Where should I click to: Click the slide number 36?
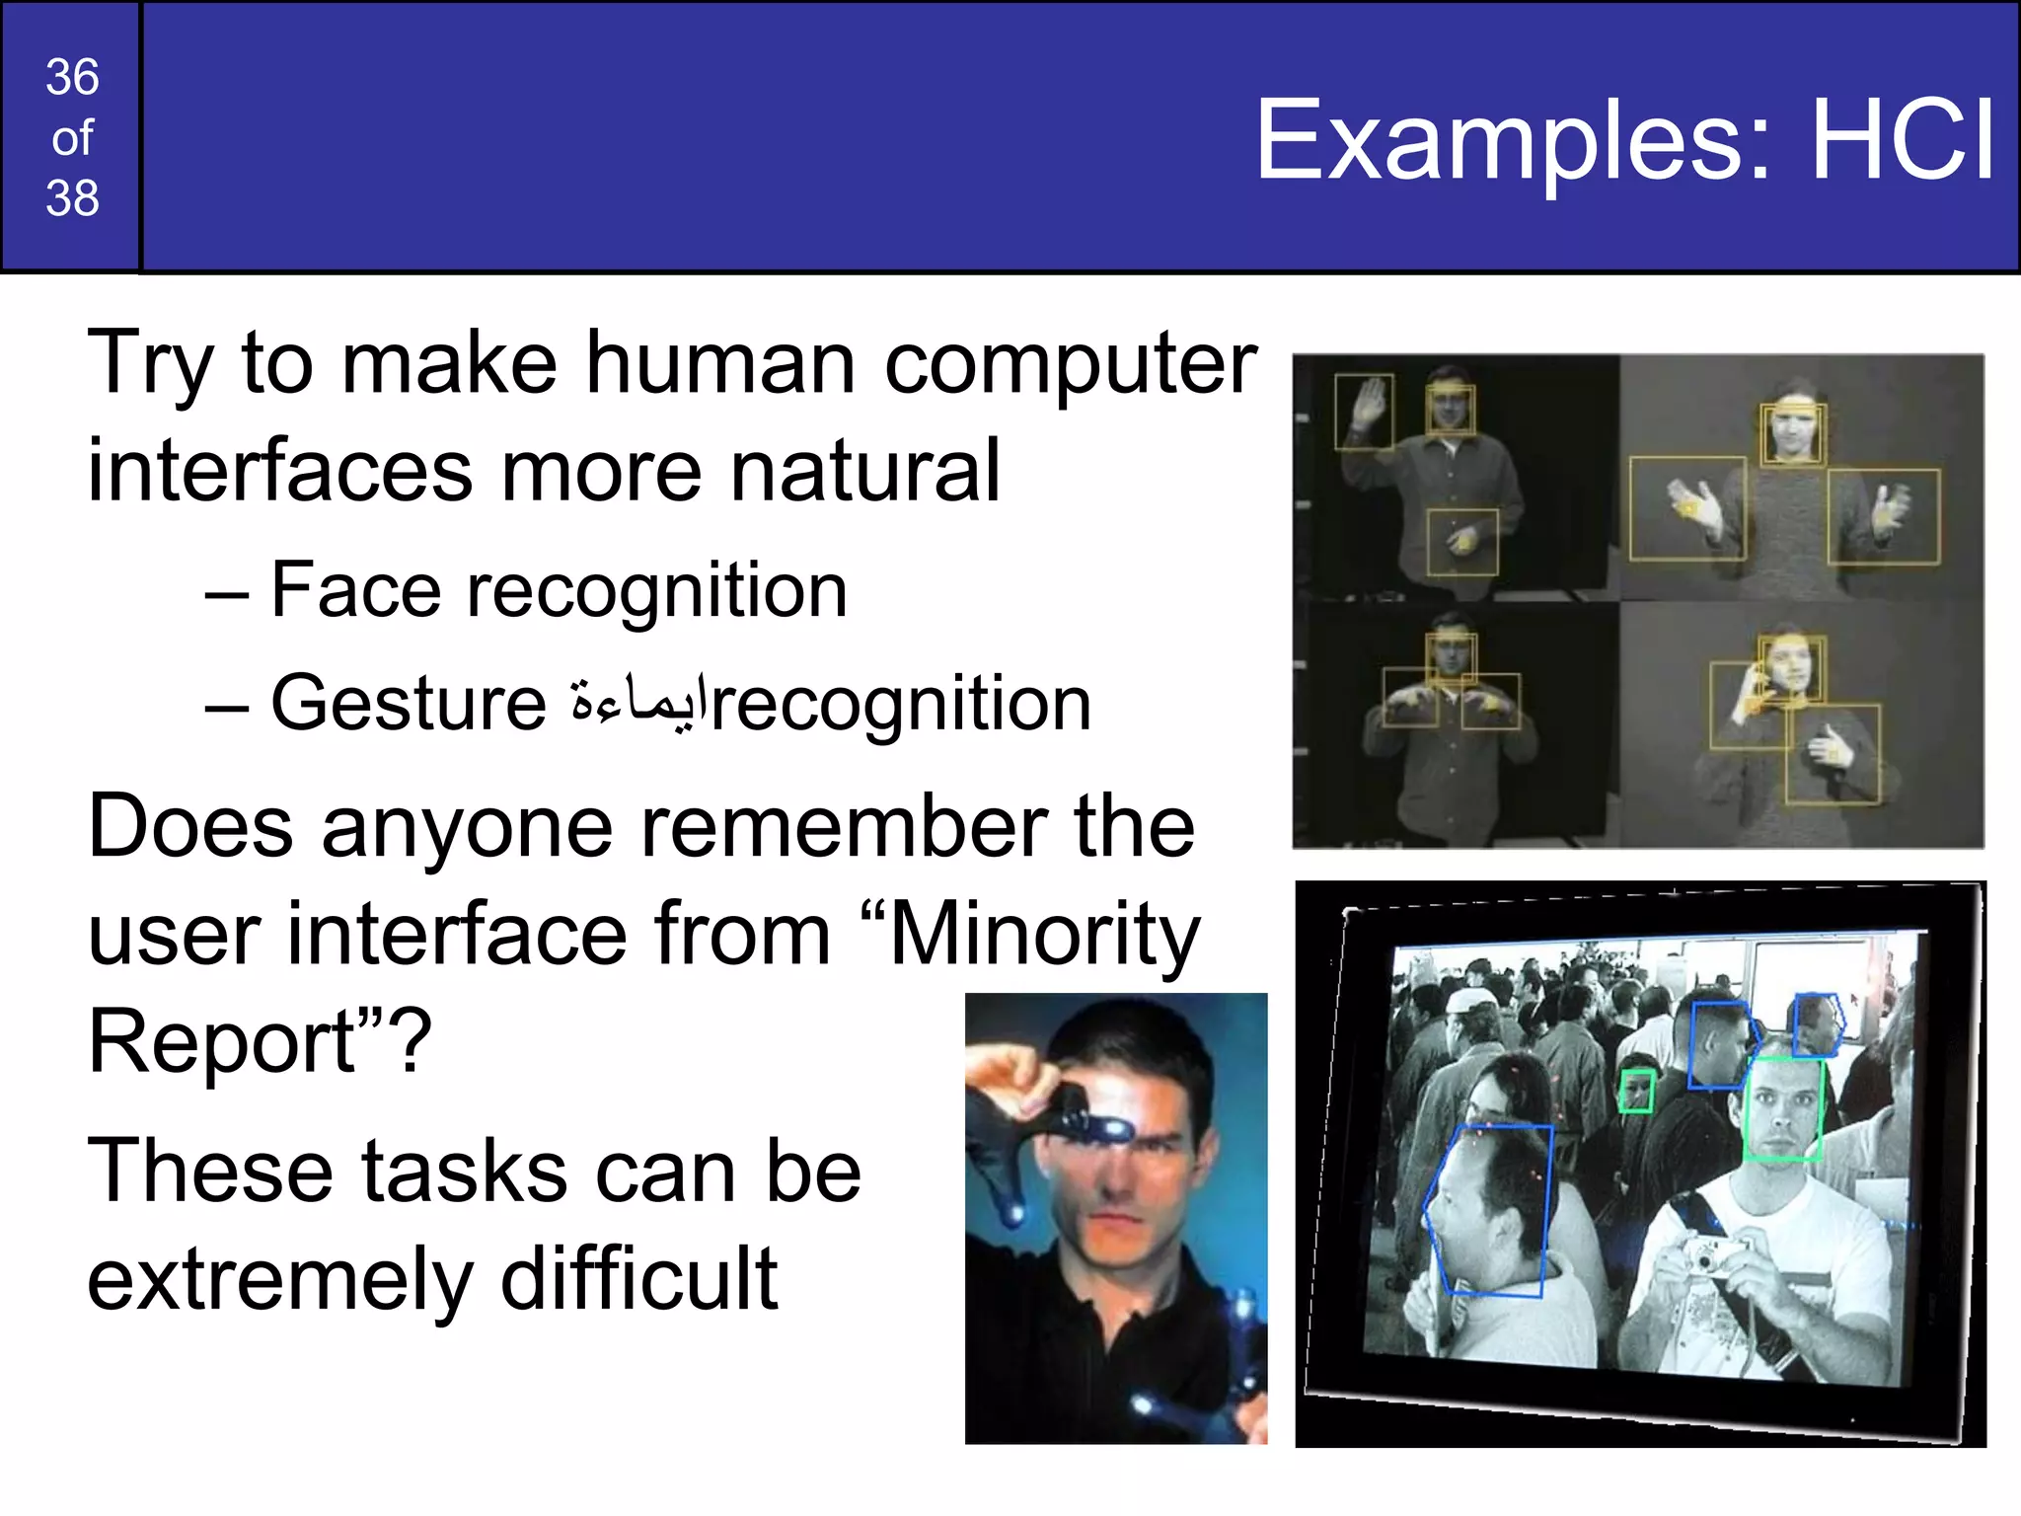click(72, 77)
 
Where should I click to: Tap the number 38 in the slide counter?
click(72, 198)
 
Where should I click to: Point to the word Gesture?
click(409, 704)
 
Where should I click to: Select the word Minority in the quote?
click(1044, 935)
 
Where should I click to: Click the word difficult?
click(639, 1279)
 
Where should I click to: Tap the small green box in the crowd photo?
click(1637, 1092)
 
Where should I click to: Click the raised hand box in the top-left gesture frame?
click(1364, 412)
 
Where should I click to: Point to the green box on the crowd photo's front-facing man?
click(1782, 1109)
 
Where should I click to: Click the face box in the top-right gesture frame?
click(1792, 433)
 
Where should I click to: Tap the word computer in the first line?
click(1070, 363)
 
